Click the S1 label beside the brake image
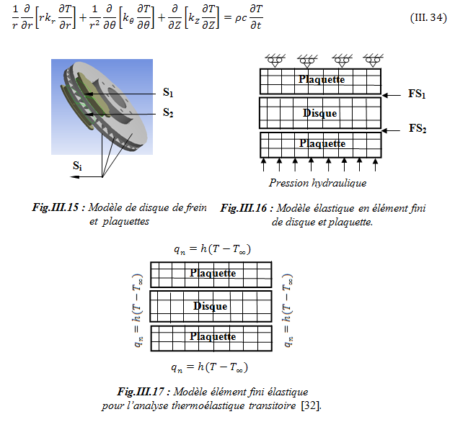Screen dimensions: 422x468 pyautogui.click(x=168, y=92)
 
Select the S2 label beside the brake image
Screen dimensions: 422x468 pyautogui.click(x=168, y=112)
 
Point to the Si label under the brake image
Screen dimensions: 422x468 pyautogui.click(x=77, y=165)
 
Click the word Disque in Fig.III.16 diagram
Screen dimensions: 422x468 pyautogui.click(x=319, y=113)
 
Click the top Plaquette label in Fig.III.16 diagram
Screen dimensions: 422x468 pyautogui.click(x=322, y=79)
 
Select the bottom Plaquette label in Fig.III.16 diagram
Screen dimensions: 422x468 pyautogui.click(x=322, y=144)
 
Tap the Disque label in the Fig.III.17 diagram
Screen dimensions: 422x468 pyautogui.click(x=211, y=306)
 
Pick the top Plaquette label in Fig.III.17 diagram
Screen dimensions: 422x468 pyautogui.click(x=212, y=274)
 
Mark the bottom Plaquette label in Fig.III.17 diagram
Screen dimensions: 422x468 pyautogui.click(x=212, y=336)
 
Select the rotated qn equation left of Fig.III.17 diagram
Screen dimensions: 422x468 pyautogui.click(x=137, y=307)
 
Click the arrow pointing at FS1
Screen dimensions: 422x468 pyautogui.click(x=392, y=94)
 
